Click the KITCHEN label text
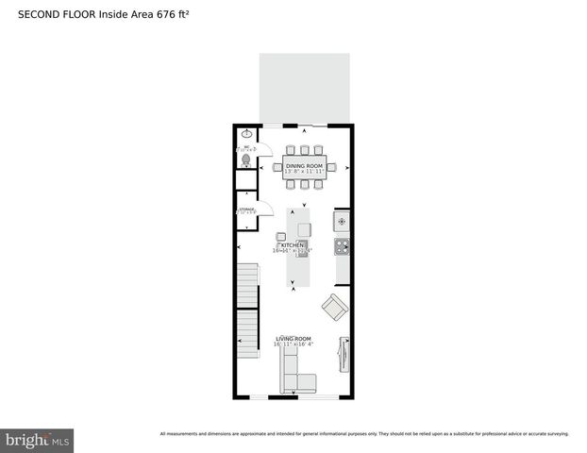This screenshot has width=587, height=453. pos(292,245)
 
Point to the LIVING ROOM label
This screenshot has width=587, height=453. pos(293,339)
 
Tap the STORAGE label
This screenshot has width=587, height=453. pos(246,209)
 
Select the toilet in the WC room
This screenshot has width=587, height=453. pos(245,160)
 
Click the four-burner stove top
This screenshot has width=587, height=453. pos(343,248)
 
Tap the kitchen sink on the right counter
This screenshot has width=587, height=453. pos(342,222)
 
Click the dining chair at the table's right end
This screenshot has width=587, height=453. pos(332,168)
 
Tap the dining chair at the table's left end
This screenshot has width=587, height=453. pos(277,168)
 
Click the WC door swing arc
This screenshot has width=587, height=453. pos(266,149)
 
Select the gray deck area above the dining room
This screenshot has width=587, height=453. pos(304,88)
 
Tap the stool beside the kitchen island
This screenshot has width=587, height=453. pos(281,236)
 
